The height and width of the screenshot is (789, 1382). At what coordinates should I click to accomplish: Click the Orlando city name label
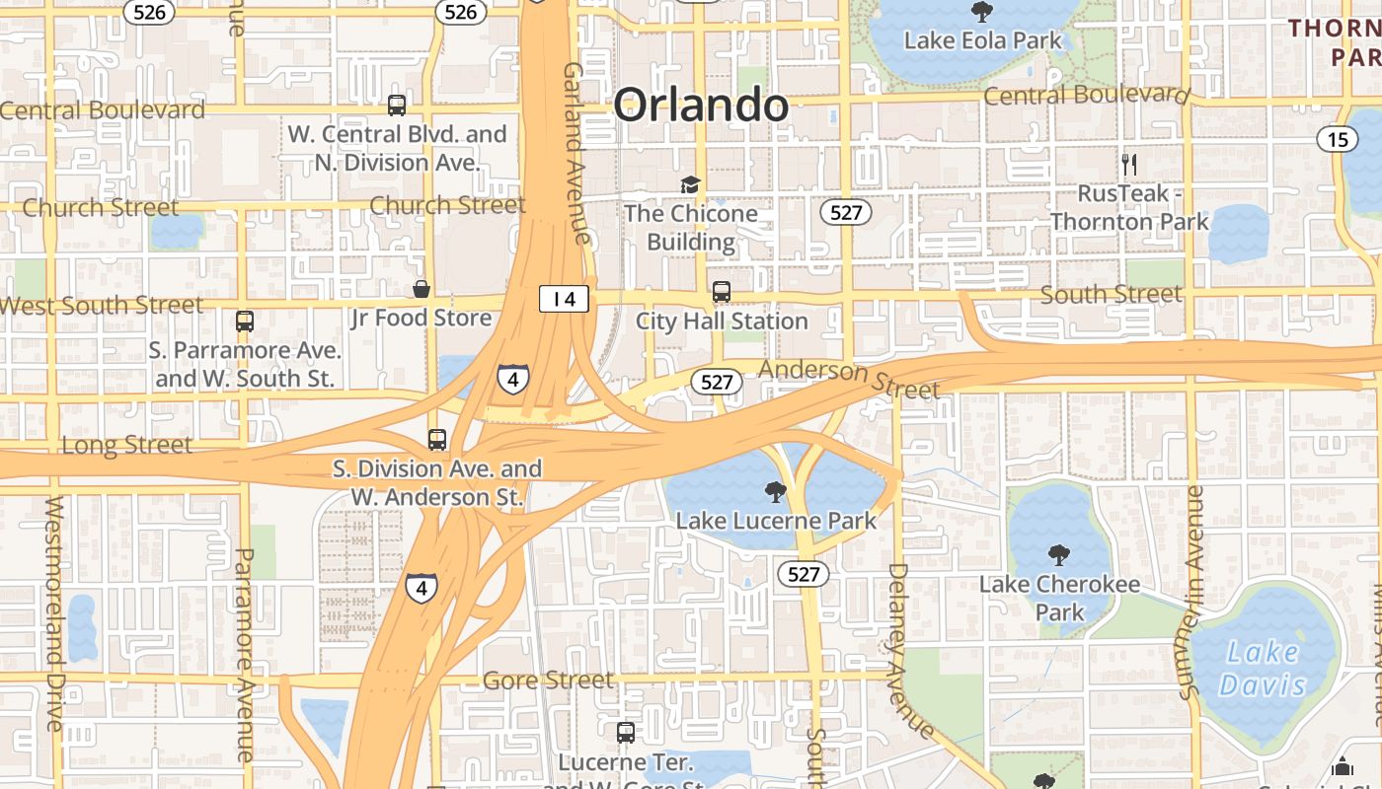click(x=701, y=105)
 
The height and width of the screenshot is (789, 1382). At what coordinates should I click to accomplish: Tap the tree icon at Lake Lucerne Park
click(x=775, y=491)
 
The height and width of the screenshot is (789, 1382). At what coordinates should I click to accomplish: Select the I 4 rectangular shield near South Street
click(x=564, y=299)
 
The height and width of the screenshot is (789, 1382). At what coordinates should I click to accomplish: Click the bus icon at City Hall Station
click(x=722, y=292)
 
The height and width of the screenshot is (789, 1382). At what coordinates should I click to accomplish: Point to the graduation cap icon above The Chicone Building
click(x=690, y=184)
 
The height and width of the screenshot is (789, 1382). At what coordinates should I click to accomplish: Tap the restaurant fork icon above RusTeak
click(x=1129, y=165)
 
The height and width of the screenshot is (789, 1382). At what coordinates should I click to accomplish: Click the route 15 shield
click(x=1337, y=139)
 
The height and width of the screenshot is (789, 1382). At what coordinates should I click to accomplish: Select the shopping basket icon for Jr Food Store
click(x=422, y=289)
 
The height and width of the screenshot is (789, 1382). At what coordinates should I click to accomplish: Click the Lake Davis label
click(x=1262, y=668)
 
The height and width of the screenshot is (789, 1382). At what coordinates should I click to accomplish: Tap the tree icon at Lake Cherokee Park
click(x=1059, y=555)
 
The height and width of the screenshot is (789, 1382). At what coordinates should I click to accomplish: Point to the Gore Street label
click(x=548, y=681)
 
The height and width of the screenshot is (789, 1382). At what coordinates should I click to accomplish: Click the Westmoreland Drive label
click(x=54, y=612)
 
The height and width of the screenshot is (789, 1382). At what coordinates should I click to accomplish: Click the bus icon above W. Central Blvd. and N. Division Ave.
click(x=397, y=106)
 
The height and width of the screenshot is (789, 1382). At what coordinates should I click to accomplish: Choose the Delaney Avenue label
click(x=910, y=651)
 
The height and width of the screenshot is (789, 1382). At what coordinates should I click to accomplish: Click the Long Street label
click(x=126, y=445)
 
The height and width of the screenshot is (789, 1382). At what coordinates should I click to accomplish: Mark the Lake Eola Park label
click(x=983, y=40)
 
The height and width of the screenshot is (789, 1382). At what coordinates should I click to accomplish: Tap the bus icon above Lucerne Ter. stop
click(x=626, y=733)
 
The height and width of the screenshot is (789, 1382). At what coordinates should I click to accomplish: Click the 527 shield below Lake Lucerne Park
click(x=803, y=574)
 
